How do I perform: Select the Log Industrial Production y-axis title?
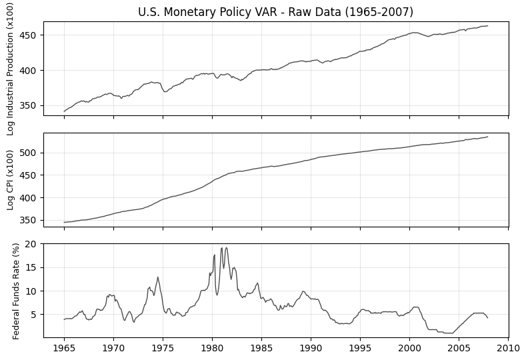coord(11,69)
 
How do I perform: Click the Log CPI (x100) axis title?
coord(11,180)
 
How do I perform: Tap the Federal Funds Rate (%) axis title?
coord(16,291)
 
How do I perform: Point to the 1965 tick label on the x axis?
coord(64,348)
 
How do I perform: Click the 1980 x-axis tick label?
coord(212,348)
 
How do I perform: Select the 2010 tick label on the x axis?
coord(508,348)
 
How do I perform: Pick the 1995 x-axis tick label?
coord(360,348)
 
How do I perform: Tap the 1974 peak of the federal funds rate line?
coord(157,277)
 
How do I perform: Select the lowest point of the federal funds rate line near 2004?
coord(449,333)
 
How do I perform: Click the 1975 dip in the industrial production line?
coord(165,91)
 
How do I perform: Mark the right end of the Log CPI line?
coord(487,137)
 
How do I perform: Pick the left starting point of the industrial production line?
coord(64,111)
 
